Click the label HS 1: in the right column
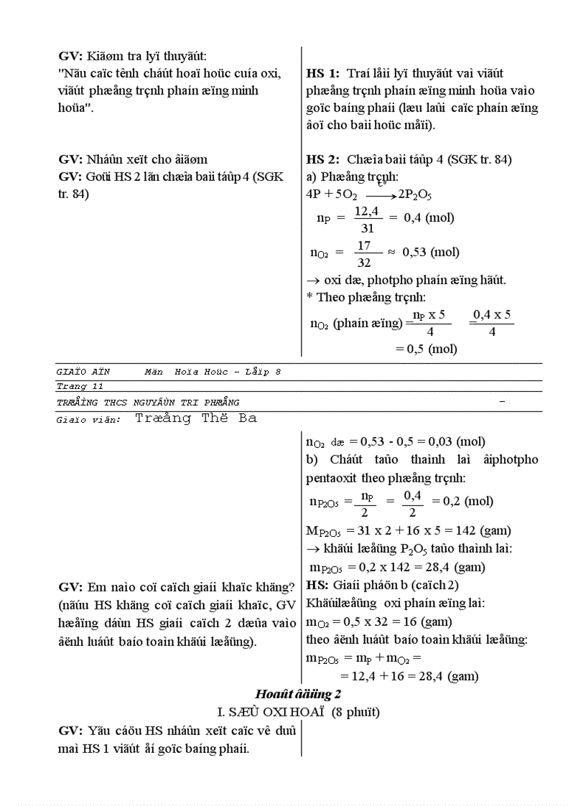(322, 73)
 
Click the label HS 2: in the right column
(322, 159)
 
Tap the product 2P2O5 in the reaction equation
(414, 195)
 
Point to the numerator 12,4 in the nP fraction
(366, 211)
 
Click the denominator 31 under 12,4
(366, 228)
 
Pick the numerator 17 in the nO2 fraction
(365, 245)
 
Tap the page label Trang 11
(71, 386)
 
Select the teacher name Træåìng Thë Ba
(195, 418)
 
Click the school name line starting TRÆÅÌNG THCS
(148, 402)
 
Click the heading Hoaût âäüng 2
(297, 694)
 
